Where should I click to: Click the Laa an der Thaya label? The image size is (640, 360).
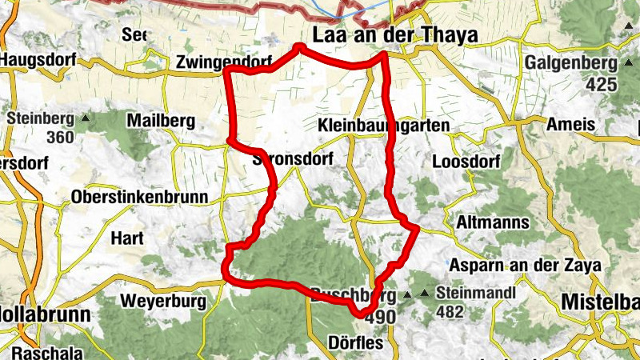coord(395,36)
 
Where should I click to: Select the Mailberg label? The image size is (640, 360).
coord(161,121)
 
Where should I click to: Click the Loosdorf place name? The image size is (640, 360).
coord(466,162)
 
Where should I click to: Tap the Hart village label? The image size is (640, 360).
coord(126,238)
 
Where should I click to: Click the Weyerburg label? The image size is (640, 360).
coord(162,302)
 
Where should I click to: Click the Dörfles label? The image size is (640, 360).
coord(356,343)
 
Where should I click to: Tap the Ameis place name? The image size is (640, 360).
coord(570,125)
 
